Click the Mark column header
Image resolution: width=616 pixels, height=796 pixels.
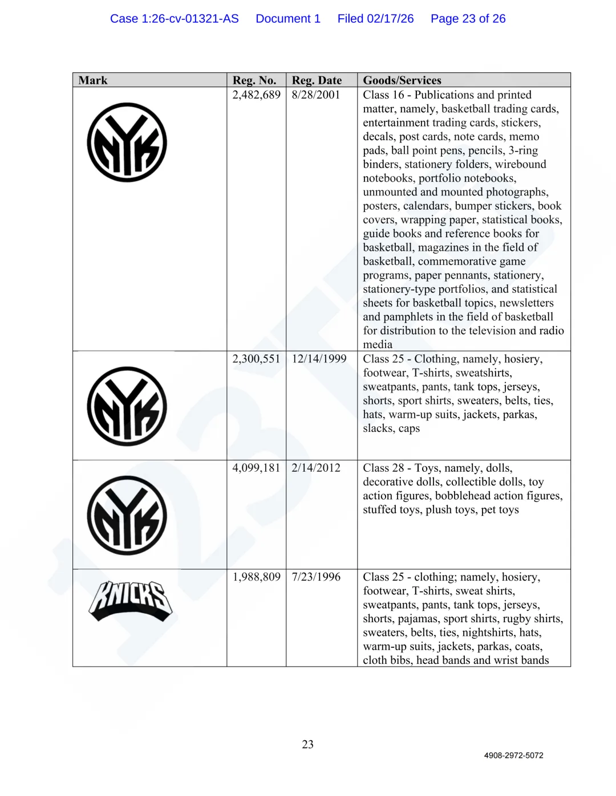[x=93, y=80]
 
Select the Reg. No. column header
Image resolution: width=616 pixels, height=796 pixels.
[x=254, y=80]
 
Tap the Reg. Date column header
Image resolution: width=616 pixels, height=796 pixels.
[x=317, y=80]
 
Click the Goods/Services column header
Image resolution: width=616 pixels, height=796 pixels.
[x=402, y=80]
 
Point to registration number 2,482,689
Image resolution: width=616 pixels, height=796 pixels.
[x=256, y=95]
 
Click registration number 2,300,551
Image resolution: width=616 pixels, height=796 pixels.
[x=256, y=359]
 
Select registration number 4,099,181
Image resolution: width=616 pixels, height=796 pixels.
[x=256, y=468]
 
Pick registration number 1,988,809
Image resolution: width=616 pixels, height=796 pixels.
[x=256, y=577]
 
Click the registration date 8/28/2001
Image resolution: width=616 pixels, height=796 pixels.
[x=315, y=95]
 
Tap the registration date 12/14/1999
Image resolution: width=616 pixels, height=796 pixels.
[x=319, y=359]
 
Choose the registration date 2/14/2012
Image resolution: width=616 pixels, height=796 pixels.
[x=315, y=468]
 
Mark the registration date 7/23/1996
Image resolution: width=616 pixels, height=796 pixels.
[x=315, y=577]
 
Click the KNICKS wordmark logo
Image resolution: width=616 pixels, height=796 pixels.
[x=131, y=601]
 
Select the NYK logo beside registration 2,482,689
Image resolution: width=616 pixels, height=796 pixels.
[x=127, y=142]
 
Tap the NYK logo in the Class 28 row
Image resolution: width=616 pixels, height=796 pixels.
[x=127, y=516]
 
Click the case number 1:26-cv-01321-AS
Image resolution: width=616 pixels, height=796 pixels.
[x=174, y=19]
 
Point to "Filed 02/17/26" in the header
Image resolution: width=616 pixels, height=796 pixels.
[x=375, y=19]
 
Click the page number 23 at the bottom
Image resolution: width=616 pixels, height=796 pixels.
[x=308, y=745]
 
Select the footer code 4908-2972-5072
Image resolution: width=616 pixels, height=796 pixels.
[x=513, y=756]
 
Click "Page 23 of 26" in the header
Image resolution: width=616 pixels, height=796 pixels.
[x=468, y=19]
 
